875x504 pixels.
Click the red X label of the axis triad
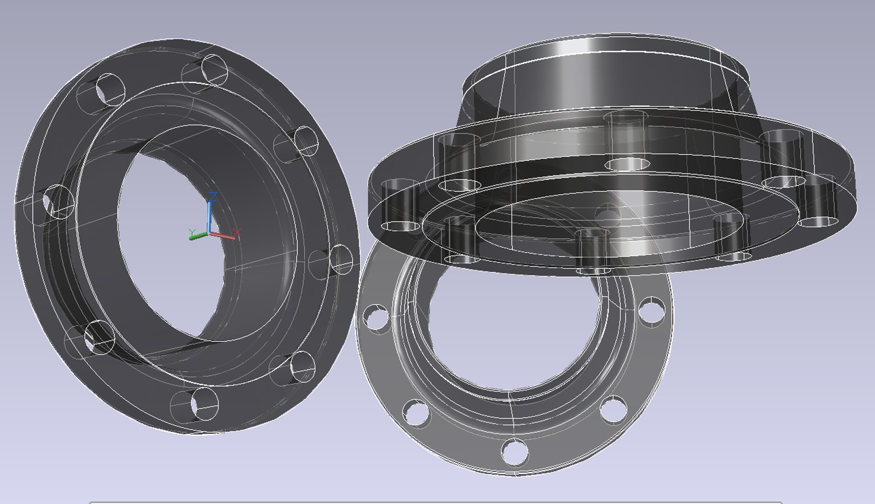pos(237,232)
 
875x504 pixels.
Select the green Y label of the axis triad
pos(191,232)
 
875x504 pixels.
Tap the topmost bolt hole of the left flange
pos(215,69)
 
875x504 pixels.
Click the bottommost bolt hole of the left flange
pos(204,402)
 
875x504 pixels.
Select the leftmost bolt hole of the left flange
pos(58,201)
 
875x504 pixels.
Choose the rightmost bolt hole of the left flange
pos(341,259)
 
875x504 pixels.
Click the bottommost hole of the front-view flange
pos(515,451)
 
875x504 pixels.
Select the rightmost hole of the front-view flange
pos(651,311)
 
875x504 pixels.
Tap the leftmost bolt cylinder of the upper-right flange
pos(400,205)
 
